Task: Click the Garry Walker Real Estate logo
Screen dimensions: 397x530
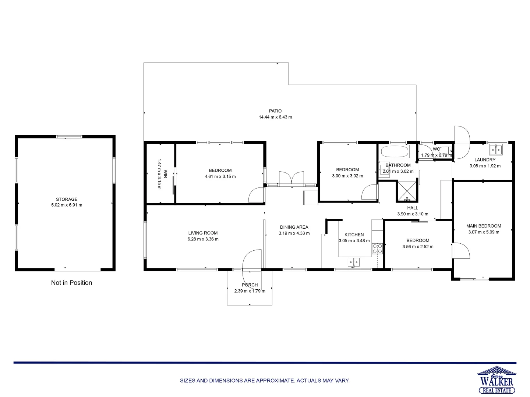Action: (x=497, y=380)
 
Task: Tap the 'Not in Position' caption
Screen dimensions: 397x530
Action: (x=71, y=283)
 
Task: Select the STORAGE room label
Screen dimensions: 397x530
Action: (x=67, y=199)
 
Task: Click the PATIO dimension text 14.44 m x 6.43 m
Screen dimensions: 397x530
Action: (x=275, y=117)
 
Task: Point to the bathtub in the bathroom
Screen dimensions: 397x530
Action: (x=394, y=151)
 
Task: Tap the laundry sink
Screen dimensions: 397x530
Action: (x=496, y=150)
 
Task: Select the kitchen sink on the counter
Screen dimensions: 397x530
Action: (x=354, y=262)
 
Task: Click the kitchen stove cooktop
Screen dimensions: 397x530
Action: (x=377, y=248)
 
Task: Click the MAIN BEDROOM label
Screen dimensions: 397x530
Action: (x=484, y=226)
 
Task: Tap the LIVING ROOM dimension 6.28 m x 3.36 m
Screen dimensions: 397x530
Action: (x=203, y=239)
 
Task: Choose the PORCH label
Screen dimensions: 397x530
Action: (x=250, y=285)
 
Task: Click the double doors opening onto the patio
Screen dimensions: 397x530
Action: (x=291, y=179)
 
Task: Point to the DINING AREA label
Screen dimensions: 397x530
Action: (x=294, y=227)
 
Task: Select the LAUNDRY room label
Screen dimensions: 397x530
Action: (x=485, y=160)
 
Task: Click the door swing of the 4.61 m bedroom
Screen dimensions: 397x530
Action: (x=257, y=195)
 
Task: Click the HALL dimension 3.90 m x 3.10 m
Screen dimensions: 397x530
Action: (x=413, y=214)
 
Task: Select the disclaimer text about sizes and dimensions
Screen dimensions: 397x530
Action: (x=265, y=381)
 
